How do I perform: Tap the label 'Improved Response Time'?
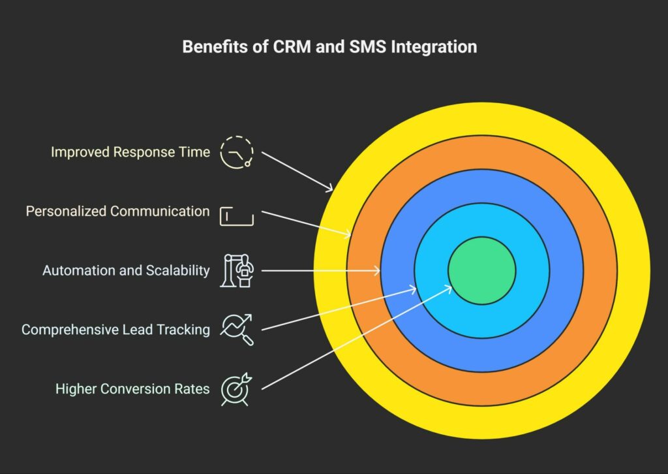tap(130, 152)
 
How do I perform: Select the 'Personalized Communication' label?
tap(117, 212)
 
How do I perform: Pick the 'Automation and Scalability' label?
tap(126, 270)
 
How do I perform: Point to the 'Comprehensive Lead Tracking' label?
tap(115, 330)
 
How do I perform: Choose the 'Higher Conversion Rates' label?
tap(132, 389)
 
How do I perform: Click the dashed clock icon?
tap(235, 153)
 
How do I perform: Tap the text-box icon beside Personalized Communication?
tap(236, 215)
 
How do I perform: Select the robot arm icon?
tap(237, 270)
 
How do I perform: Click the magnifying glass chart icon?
tap(236, 329)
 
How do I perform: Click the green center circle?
tap(481, 270)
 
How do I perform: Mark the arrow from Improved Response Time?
tap(297, 171)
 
